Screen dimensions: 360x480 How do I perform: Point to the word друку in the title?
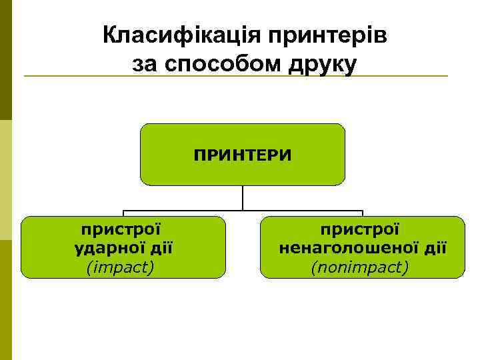[320, 64]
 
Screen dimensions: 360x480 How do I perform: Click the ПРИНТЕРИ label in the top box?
[243, 155]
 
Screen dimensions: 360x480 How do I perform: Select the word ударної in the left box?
[102, 249]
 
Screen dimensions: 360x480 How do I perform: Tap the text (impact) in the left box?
[120, 267]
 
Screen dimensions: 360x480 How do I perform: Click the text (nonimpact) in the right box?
[360, 267]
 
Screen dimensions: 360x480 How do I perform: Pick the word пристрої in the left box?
[121, 229]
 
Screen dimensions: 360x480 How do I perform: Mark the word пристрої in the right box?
[360, 229]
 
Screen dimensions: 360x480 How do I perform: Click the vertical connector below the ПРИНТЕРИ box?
[243, 197]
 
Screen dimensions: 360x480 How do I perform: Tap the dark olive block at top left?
[5, 60]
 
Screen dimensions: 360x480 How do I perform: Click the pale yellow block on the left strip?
[5, 180]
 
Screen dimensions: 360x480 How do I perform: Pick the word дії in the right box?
[433, 249]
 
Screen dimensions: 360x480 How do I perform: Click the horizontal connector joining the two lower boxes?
[243, 211]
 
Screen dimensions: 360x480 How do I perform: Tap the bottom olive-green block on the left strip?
[5, 300]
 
